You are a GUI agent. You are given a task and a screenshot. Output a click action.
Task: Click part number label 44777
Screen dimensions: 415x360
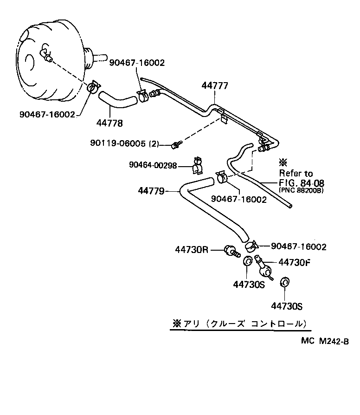(215, 86)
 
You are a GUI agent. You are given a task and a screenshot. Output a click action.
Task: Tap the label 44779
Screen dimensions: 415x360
(151, 190)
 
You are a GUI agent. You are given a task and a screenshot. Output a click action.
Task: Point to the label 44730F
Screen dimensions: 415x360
(294, 262)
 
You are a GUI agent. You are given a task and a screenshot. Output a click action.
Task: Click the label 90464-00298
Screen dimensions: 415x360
(153, 165)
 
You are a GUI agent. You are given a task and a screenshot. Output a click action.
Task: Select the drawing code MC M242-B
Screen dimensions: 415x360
(324, 341)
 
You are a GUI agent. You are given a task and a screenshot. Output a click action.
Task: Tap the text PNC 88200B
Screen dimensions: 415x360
(301, 190)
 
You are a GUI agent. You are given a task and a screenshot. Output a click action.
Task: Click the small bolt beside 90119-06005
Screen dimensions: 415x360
(176, 145)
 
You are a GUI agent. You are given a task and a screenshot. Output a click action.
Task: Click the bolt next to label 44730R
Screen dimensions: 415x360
(231, 251)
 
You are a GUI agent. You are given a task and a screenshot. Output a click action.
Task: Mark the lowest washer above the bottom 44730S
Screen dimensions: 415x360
(284, 283)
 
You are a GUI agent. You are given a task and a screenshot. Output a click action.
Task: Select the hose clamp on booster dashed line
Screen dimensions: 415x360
(94, 86)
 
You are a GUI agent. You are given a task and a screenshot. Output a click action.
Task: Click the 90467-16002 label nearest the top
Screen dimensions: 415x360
(137, 62)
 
